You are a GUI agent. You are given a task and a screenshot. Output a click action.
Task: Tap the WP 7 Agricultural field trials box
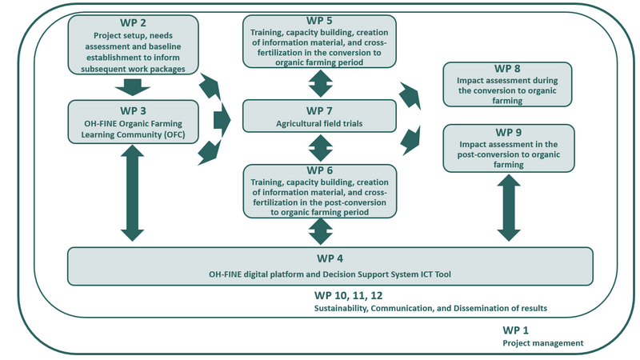320,115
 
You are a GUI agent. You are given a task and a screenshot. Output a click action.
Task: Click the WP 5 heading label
321,19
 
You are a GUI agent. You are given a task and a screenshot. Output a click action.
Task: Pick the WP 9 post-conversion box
508,147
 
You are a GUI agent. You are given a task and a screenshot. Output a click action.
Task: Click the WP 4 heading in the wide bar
330,258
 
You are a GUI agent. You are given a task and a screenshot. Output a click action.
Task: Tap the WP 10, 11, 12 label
350,295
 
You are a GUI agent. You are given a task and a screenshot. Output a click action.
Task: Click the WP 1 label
516,330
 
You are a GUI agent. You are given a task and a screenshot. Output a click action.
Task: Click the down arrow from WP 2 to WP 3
134,88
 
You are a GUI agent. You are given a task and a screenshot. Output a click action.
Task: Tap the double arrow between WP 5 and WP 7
320,83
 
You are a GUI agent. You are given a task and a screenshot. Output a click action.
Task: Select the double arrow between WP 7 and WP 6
320,148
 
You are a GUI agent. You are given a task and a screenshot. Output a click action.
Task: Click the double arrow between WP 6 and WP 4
320,231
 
